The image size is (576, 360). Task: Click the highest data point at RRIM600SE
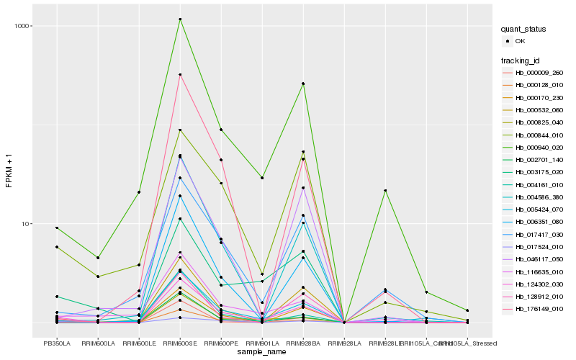(180, 19)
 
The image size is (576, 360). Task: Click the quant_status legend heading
(524, 30)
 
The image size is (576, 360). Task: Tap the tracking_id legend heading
(522, 59)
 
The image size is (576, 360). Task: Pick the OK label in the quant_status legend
(520, 41)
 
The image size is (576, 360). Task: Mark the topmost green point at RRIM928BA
(303, 84)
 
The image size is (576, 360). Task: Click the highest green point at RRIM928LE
(385, 190)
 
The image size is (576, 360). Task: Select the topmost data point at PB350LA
(57, 228)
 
